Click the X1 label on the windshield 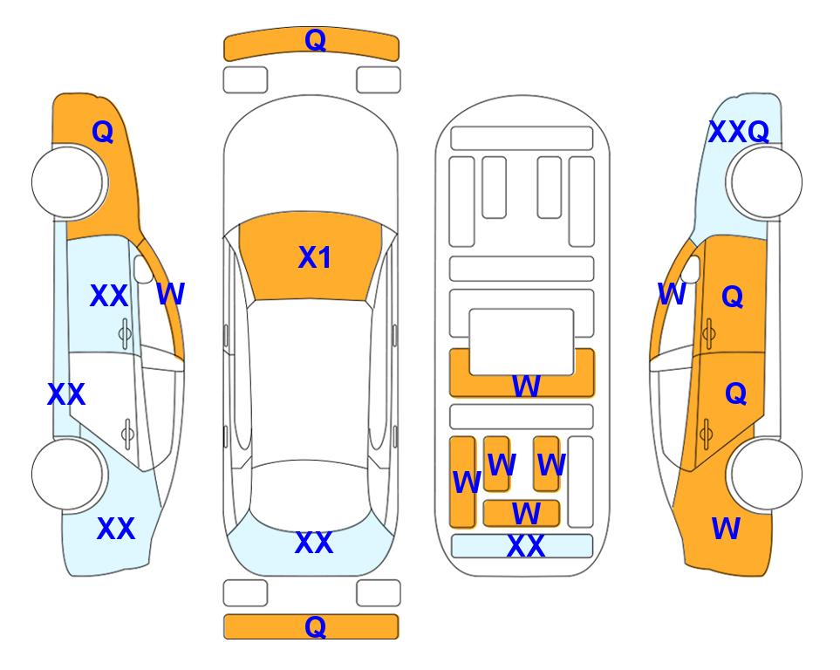[x=314, y=258]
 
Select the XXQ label [x=738, y=133]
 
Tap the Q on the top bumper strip [x=315, y=40]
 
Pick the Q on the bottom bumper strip [x=315, y=626]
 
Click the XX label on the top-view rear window [x=313, y=544]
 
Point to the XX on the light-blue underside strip [x=525, y=547]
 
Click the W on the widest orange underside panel [x=525, y=386]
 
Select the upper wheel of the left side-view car [x=68, y=182]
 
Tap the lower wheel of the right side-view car [x=765, y=475]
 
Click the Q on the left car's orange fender [x=103, y=132]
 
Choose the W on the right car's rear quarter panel [x=726, y=529]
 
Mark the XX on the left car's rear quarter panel [x=115, y=529]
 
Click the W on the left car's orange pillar [x=170, y=295]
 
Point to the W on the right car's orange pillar [x=672, y=295]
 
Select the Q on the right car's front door [x=733, y=297]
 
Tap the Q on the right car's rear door [x=735, y=394]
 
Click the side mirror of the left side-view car [x=143, y=270]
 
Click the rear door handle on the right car [x=708, y=429]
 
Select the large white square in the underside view [x=522, y=341]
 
